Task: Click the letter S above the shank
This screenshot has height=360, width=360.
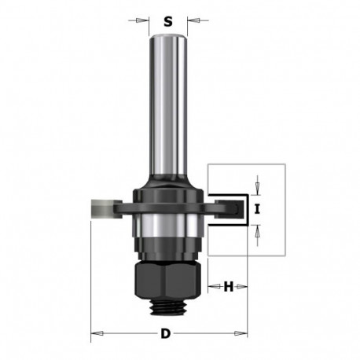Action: click(x=167, y=22)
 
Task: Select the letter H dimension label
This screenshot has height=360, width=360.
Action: click(x=229, y=287)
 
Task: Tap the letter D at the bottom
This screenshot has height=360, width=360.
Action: click(x=166, y=334)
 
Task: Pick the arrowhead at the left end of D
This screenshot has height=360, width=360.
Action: click(x=95, y=334)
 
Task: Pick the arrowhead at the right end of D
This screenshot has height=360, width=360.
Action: click(x=243, y=334)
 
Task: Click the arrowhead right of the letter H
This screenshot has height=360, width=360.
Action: click(x=243, y=287)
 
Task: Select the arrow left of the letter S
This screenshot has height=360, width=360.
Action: click(x=145, y=22)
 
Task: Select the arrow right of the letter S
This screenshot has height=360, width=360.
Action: click(x=191, y=22)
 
